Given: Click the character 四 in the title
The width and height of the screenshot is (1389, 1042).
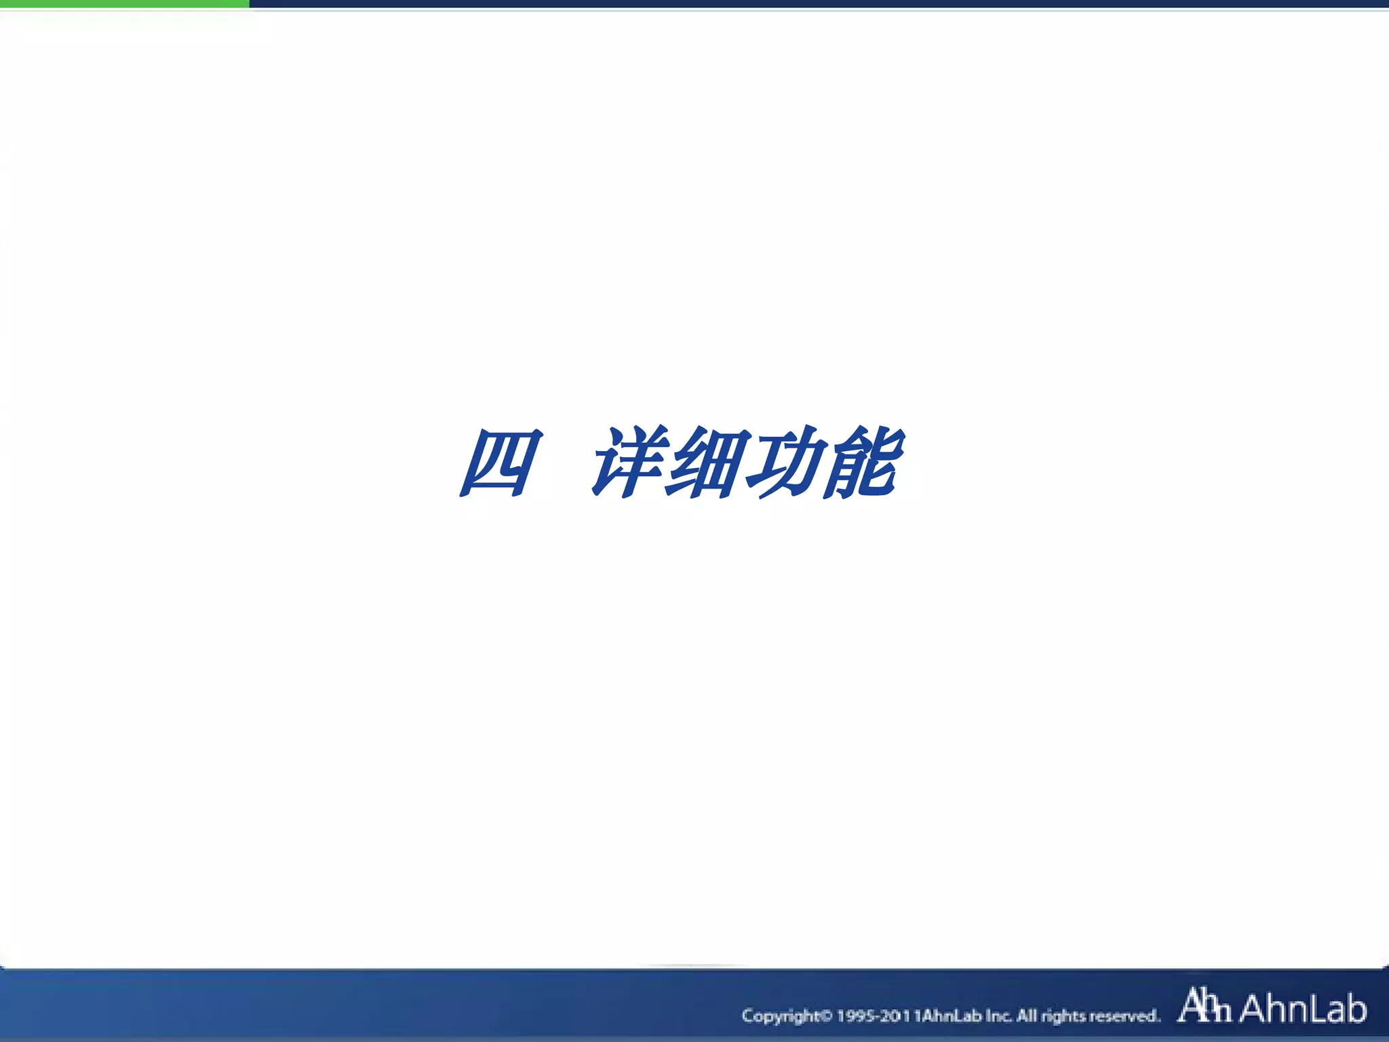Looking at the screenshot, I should [501, 463].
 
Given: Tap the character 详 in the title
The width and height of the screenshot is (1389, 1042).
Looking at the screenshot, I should [627, 463].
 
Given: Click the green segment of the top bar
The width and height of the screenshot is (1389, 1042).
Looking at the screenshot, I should [125, 4].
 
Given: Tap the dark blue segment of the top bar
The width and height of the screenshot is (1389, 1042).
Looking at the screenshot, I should [814, 4].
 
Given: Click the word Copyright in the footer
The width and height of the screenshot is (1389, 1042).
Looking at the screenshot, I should [781, 1016].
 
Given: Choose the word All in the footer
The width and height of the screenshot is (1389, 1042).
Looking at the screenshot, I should [1027, 1016].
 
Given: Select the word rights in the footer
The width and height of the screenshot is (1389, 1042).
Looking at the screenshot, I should [1064, 1016].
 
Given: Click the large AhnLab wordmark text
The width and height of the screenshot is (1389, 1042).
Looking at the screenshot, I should [1303, 1008].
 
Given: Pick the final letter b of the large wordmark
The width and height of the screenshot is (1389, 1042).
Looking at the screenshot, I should [1354, 1008].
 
